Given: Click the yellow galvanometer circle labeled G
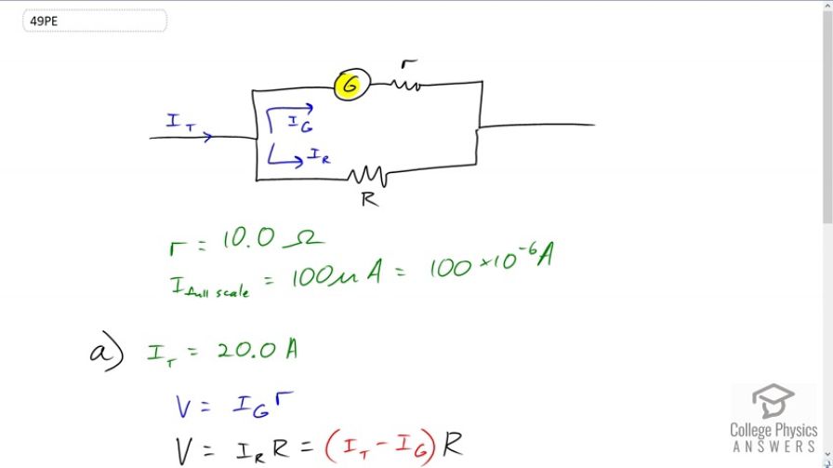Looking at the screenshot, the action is point(351,85).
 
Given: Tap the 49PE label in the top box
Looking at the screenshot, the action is point(44,21).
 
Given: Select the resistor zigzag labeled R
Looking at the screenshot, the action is point(368,176).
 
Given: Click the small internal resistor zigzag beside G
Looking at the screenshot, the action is point(406,84).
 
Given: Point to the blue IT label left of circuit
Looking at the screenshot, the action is point(180,122).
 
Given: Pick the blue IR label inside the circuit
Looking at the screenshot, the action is point(319,155).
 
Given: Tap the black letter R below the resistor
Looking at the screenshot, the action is point(370,199).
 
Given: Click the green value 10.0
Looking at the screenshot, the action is point(248,238).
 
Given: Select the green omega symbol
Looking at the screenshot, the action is point(303,240).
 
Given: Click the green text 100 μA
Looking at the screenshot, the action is point(337,273).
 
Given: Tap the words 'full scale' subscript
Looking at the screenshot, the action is point(218,292).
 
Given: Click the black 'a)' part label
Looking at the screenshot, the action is point(107,352).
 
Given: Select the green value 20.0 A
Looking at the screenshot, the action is point(258,350).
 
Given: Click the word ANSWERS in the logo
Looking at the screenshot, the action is point(774,447).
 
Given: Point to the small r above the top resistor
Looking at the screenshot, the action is point(408,64).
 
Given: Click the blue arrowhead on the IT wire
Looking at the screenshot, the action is point(207,137).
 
